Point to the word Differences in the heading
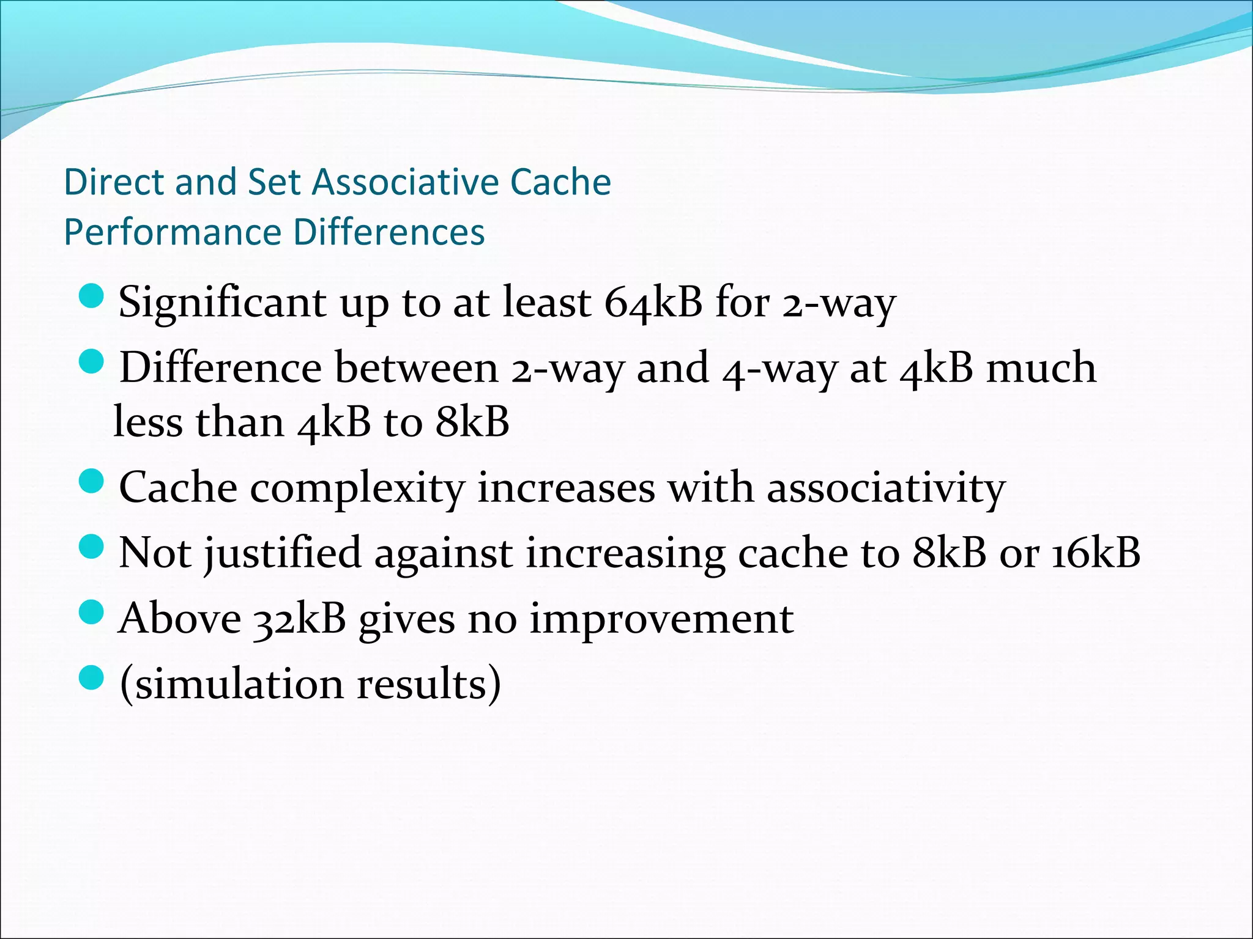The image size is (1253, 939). [x=389, y=232]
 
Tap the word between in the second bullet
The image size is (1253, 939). [x=417, y=368]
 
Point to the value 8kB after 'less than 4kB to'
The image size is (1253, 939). [x=472, y=422]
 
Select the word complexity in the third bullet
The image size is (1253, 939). [x=357, y=488]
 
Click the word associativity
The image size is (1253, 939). [x=886, y=488]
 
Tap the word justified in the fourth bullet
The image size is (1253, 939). [x=283, y=553]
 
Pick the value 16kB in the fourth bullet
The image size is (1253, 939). [x=1095, y=553]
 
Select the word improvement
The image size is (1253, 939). [x=661, y=619]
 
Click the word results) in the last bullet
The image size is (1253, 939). [x=429, y=684]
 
